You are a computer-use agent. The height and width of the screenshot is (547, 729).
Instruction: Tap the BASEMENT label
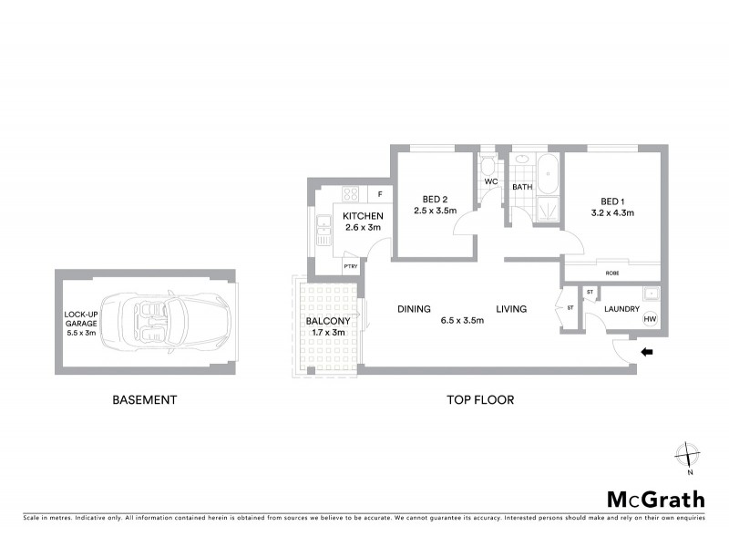click(144, 399)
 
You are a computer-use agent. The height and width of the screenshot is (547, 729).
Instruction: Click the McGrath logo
click(655, 499)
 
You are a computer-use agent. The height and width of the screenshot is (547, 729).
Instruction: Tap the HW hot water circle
click(650, 319)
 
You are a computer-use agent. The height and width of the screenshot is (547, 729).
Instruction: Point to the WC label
click(490, 182)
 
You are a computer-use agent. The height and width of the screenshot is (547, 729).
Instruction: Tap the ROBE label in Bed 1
click(611, 273)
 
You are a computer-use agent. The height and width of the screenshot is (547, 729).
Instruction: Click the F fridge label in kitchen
click(378, 194)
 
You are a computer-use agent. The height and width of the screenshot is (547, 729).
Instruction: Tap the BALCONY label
click(327, 320)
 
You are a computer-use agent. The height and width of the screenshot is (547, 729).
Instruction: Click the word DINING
click(414, 309)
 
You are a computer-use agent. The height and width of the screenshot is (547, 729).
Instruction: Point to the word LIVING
click(511, 309)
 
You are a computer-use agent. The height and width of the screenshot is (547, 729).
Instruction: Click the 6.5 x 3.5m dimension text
click(462, 321)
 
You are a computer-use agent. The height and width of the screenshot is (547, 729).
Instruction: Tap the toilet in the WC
click(488, 167)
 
